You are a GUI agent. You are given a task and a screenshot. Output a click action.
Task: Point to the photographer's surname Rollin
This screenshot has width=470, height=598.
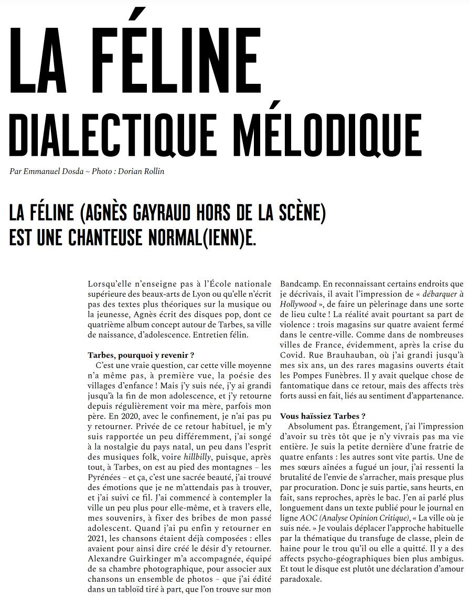click(x=152, y=171)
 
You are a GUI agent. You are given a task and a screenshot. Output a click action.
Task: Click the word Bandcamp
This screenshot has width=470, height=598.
click(x=298, y=284)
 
